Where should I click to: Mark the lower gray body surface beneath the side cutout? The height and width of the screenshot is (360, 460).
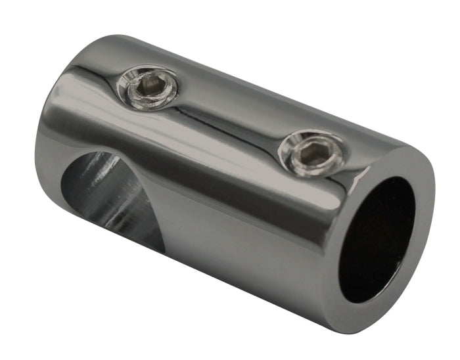point(197,263)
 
